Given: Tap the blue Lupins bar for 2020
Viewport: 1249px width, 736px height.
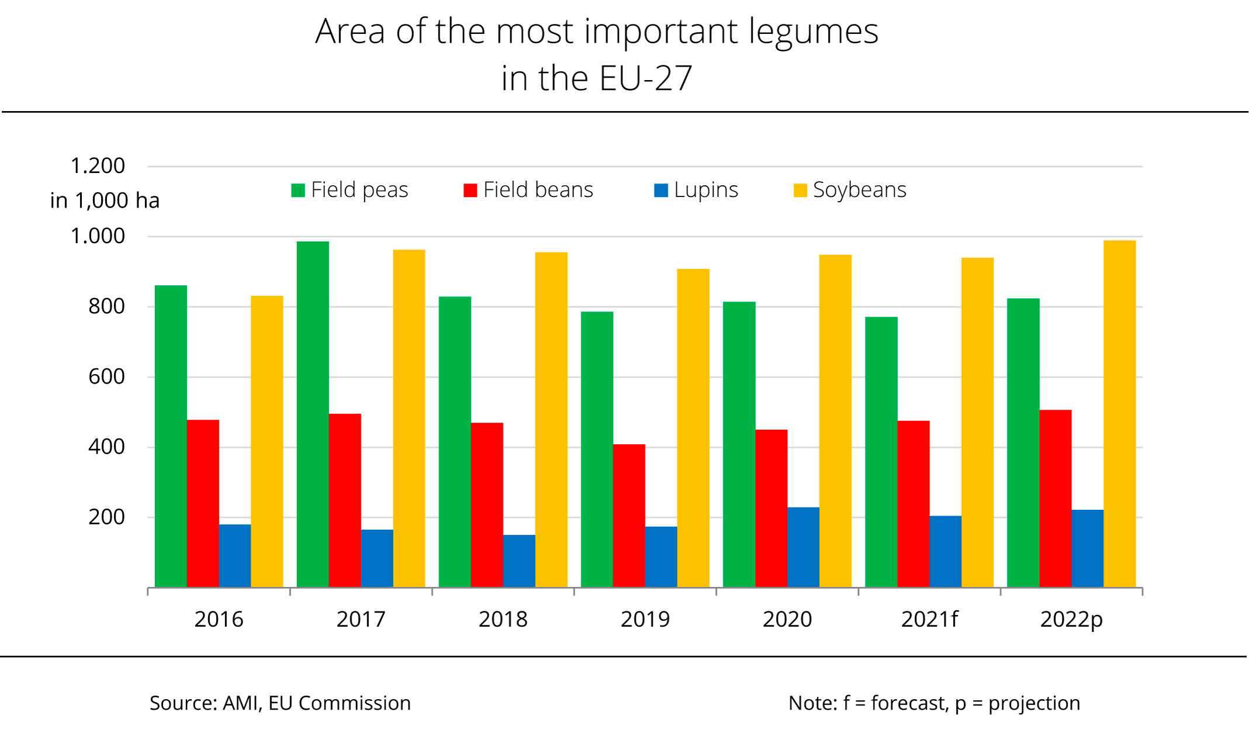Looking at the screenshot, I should pyautogui.click(x=803, y=547).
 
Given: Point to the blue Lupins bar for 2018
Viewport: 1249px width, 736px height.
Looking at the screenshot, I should pyautogui.click(x=519, y=561).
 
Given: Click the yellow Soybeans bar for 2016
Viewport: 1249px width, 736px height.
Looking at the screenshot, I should pyautogui.click(x=267, y=441).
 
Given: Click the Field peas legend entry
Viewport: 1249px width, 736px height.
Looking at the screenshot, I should pyautogui.click(x=350, y=190).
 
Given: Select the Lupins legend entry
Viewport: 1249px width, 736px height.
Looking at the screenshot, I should pyautogui.click(x=696, y=190).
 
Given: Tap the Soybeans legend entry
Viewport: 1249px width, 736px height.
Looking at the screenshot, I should pyautogui.click(x=850, y=190).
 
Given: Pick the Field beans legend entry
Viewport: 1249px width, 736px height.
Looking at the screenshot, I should pyautogui.click(x=528, y=190).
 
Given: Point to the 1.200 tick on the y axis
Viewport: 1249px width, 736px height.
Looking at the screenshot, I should pyautogui.click(x=98, y=166).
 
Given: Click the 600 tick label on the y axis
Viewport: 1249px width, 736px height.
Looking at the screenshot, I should pyautogui.click(x=106, y=376).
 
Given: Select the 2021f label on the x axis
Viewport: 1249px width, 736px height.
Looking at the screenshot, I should pyautogui.click(x=929, y=619).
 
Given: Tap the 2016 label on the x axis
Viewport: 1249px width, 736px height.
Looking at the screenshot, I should pyautogui.click(x=219, y=619).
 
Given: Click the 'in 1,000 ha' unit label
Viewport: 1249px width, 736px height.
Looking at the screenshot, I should pyautogui.click(x=105, y=201).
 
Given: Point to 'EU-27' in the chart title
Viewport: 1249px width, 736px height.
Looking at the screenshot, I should pyautogui.click(x=645, y=78).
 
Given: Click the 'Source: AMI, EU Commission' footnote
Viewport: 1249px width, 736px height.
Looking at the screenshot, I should pyautogui.click(x=280, y=703).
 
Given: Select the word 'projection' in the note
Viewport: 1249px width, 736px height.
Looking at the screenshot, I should pyautogui.click(x=1034, y=703).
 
